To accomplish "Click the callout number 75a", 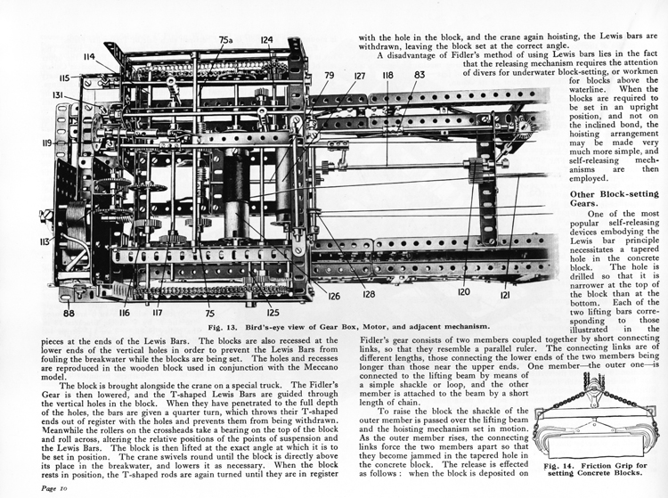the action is [x=226, y=40].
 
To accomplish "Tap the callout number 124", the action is [x=266, y=40].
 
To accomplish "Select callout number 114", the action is [x=89, y=57].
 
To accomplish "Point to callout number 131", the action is [x=59, y=95].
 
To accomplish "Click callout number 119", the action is [x=47, y=143].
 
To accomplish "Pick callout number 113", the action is [x=45, y=242].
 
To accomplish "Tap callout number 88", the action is [x=69, y=314].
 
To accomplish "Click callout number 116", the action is [x=125, y=313].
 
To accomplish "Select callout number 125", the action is [x=273, y=313].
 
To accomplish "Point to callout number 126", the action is [x=334, y=295].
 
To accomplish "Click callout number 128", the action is [x=369, y=294].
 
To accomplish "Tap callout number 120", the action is [x=464, y=292].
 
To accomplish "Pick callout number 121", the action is [x=505, y=294].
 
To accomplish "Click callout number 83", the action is [x=420, y=75].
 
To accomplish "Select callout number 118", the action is [x=387, y=75].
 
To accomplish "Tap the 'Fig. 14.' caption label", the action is [x=558, y=466].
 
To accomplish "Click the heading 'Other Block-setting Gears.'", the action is [x=615, y=199].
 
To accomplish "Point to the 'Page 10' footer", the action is [x=54, y=488].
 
